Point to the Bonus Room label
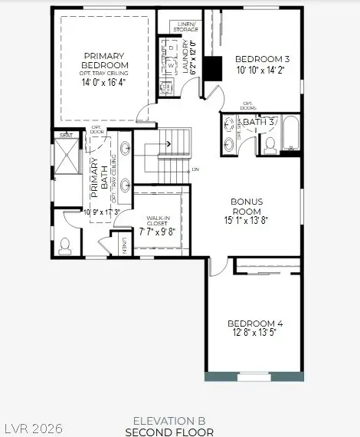[247, 206]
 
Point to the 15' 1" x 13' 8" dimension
[247, 221]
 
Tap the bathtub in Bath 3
[291, 136]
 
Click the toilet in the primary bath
[65, 245]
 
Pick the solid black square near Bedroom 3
[214, 69]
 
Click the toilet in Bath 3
[268, 143]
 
